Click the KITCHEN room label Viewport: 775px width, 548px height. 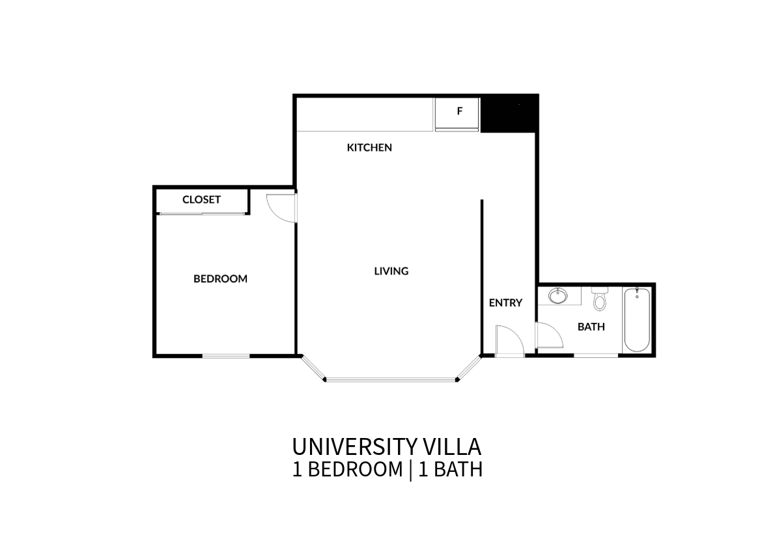(x=369, y=147)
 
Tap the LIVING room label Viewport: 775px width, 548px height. (x=391, y=271)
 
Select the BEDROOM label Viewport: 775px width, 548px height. (x=220, y=279)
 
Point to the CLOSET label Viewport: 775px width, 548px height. (x=201, y=200)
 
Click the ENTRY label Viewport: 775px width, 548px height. (x=505, y=303)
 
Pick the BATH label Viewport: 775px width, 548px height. (x=591, y=327)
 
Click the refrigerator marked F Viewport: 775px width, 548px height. (x=457, y=114)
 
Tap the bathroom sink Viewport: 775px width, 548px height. (x=558, y=296)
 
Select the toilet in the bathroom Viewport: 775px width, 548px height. (x=600, y=299)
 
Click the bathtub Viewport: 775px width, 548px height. (x=637, y=320)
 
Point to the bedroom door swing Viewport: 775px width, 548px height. (x=280, y=208)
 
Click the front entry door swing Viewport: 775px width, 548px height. (x=509, y=340)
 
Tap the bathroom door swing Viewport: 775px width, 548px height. (x=549, y=335)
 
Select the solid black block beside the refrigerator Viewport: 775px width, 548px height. (x=509, y=113)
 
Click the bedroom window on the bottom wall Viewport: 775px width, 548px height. (x=226, y=356)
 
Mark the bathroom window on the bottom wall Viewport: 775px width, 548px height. (x=596, y=355)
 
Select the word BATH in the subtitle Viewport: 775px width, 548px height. (x=458, y=469)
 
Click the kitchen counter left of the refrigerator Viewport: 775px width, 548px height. (x=365, y=115)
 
